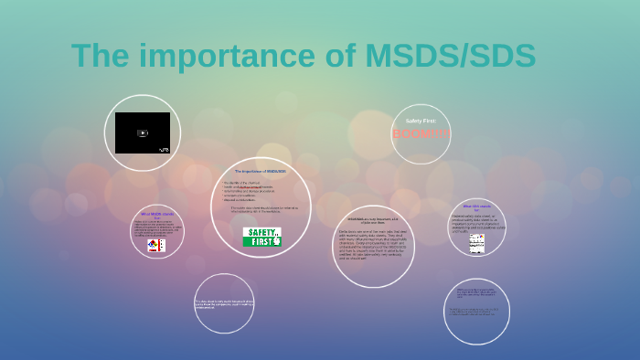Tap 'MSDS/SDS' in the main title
[x=450, y=56]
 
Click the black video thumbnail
[x=142, y=133]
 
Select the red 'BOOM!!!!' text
[x=421, y=134]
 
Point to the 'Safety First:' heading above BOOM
[x=421, y=121]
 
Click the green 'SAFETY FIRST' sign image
[x=261, y=237]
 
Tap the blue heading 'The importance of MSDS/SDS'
[x=261, y=172]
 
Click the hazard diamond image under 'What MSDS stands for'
[x=156, y=245]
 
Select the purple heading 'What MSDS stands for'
[x=156, y=215]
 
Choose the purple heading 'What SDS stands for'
[x=477, y=207]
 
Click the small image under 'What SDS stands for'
[x=477, y=244]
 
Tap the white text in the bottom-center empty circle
[x=224, y=303]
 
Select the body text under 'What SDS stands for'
[x=477, y=223]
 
